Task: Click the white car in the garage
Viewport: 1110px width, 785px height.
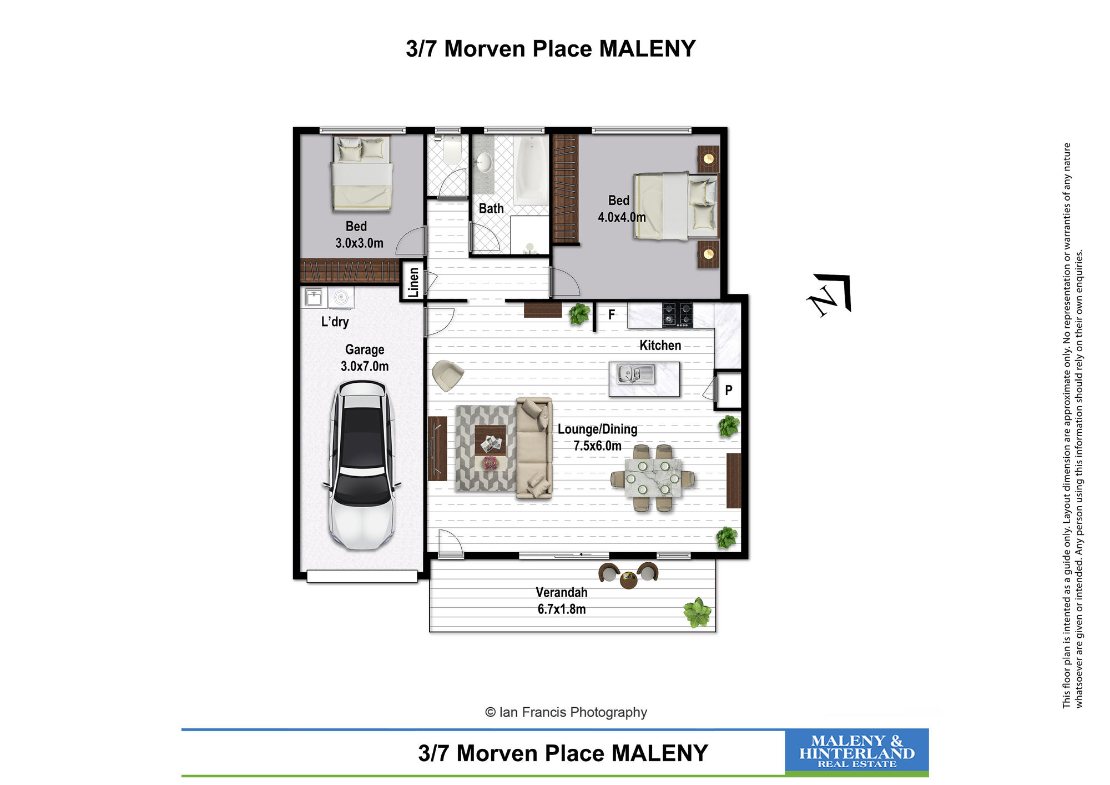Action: coord(362,466)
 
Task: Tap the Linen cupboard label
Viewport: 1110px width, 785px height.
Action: coord(413,282)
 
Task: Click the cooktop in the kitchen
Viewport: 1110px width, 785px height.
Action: coord(677,314)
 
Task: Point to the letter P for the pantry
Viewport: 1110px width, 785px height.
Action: coord(729,390)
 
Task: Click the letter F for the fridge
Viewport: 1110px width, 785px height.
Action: coord(612,314)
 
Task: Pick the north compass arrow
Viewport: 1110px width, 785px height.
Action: coord(830,294)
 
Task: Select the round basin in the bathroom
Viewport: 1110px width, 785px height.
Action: coord(484,163)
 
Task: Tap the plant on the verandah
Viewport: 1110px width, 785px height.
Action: coord(698,613)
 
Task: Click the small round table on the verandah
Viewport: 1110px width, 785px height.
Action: coord(628,581)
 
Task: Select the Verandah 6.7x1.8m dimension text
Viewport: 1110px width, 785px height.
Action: coord(562,601)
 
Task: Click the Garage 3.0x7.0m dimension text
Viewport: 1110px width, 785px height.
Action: coord(365,358)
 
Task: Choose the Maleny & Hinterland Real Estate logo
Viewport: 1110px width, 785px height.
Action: coord(856,751)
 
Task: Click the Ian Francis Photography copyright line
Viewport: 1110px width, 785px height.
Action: coord(566,712)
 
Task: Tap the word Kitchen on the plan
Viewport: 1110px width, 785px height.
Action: coord(660,346)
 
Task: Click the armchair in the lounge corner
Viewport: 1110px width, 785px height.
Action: coord(447,376)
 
